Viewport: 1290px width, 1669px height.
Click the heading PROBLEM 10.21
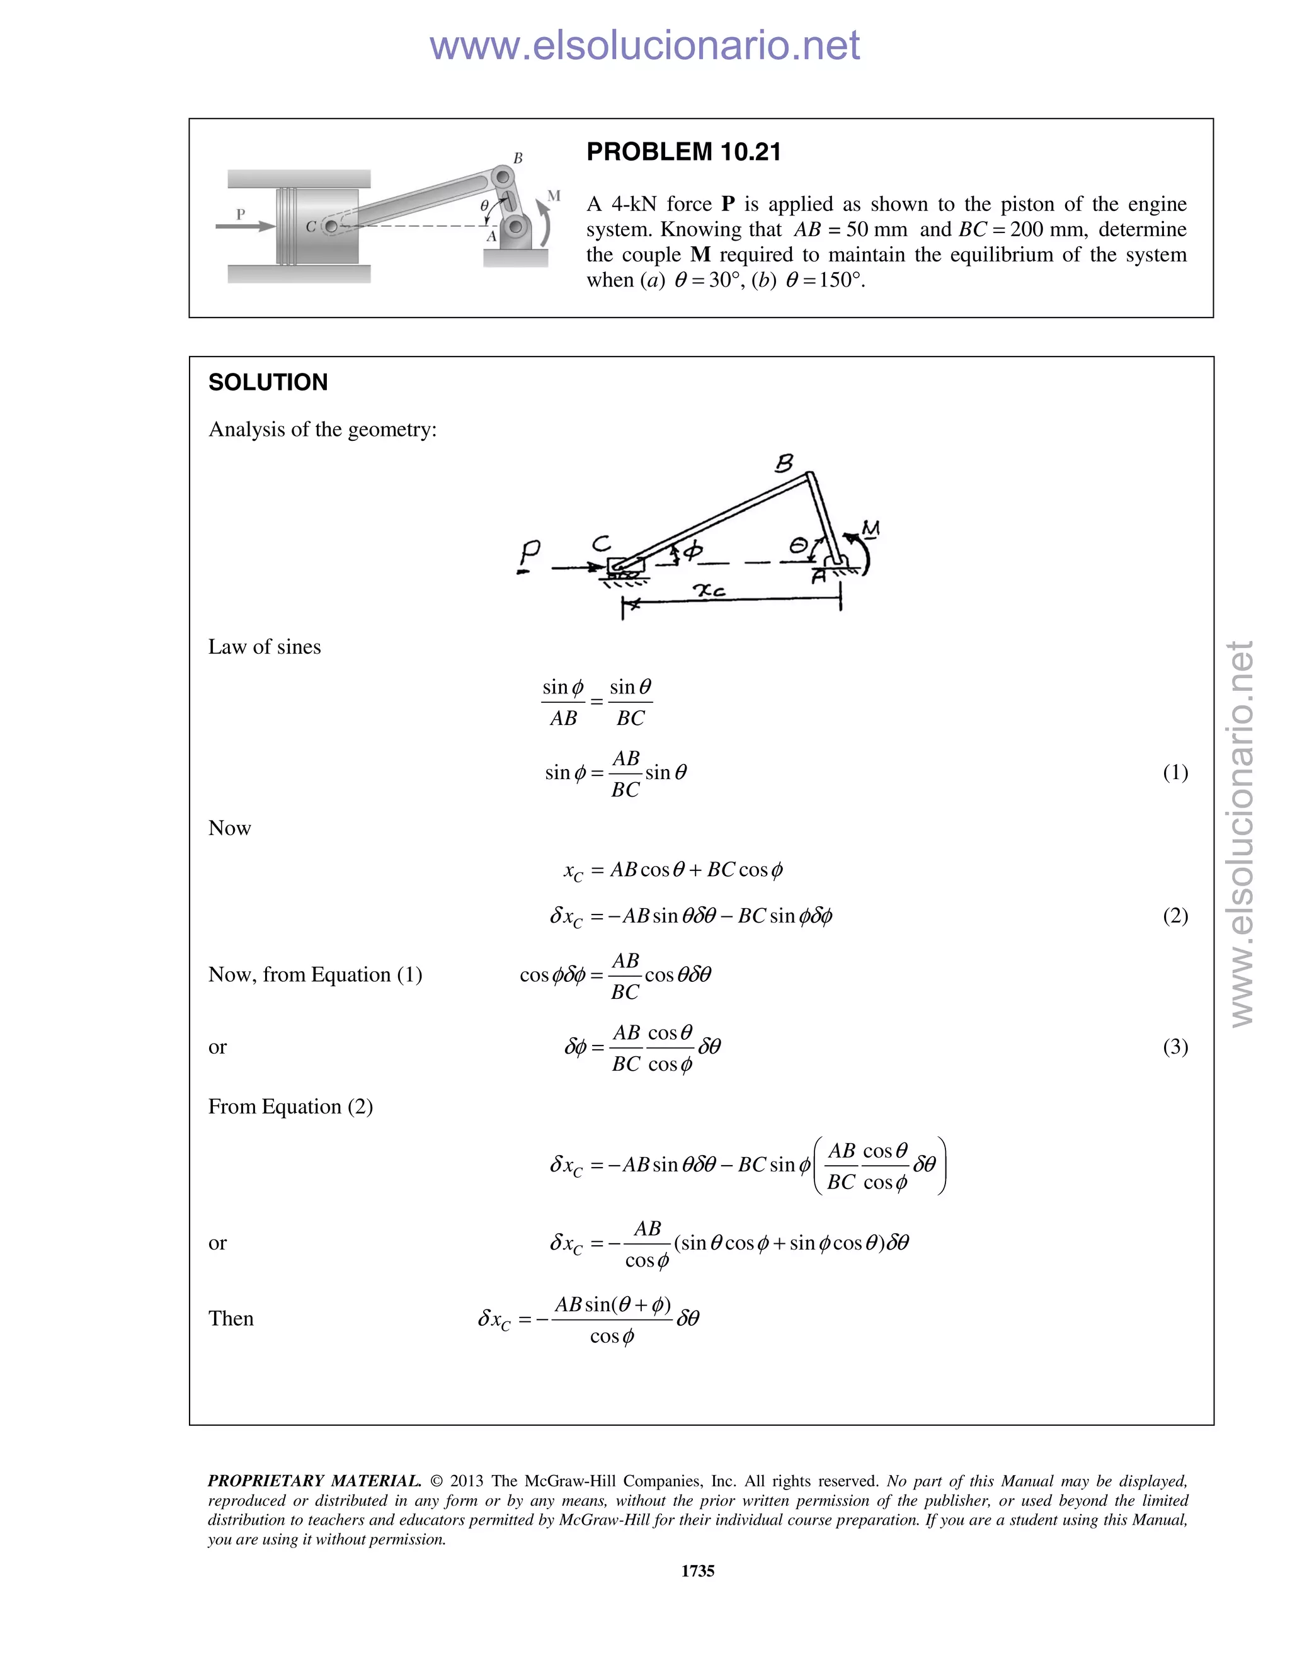point(683,152)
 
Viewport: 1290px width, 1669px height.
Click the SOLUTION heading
point(268,382)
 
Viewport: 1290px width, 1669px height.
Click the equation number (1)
point(1175,772)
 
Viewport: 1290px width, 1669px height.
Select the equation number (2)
point(1175,916)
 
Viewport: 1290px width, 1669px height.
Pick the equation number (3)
point(1175,1046)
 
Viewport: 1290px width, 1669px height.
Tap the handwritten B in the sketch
point(784,463)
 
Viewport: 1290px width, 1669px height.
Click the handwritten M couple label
point(870,528)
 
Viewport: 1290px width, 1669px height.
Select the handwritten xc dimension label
point(709,590)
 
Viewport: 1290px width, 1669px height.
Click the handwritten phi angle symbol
point(692,550)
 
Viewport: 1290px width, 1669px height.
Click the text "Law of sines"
point(265,647)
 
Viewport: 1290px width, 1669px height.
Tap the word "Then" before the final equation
point(231,1318)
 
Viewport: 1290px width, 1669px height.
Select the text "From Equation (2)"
point(290,1107)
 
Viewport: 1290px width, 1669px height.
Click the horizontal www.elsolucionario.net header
point(644,45)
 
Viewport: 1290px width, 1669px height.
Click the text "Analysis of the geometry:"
point(322,430)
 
